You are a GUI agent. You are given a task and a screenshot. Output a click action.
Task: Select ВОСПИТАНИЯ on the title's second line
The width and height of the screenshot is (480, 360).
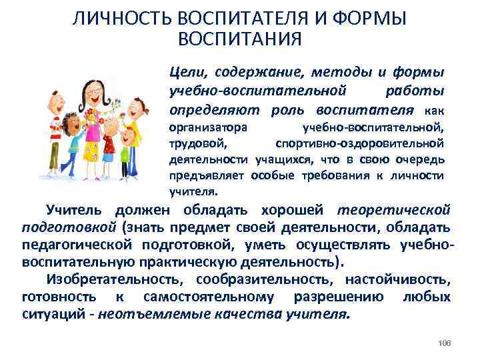pos(240,39)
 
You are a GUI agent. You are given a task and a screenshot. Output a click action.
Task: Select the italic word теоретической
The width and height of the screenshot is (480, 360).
pos(394,210)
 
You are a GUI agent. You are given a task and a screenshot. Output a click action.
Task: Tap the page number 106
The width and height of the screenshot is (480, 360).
pos(445,343)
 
